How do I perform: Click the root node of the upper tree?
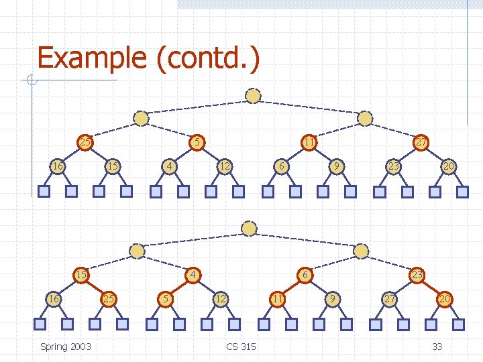pyautogui.click(x=253, y=96)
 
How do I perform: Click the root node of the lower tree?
pyautogui.click(x=250, y=229)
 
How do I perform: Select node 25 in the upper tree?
pyautogui.click(x=85, y=142)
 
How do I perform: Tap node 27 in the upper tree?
pyautogui.click(x=421, y=142)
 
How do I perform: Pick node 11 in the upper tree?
pyautogui.click(x=309, y=142)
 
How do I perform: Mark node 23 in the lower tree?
pyautogui.click(x=417, y=274)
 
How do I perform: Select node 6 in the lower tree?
pyautogui.click(x=305, y=274)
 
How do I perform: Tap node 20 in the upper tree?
pyautogui.click(x=448, y=166)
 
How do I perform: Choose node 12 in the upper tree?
pyautogui.click(x=226, y=166)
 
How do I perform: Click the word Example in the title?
pyautogui.click(x=93, y=58)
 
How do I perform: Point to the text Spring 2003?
pyautogui.click(x=66, y=346)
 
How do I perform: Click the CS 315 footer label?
pyautogui.click(x=241, y=346)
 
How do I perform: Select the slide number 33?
pyautogui.click(x=437, y=346)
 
